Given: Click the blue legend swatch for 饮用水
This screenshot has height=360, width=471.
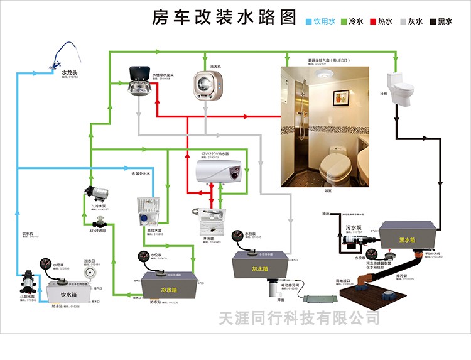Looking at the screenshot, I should (x=309, y=21).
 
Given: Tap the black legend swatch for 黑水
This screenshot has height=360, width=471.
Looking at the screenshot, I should (x=433, y=21).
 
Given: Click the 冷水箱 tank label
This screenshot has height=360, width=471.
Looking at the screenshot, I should (x=168, y=290).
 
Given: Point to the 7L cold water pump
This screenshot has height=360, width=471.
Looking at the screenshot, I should (x=95, y=190).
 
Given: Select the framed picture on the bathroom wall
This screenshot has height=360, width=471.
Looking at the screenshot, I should (x=342, y=98).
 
